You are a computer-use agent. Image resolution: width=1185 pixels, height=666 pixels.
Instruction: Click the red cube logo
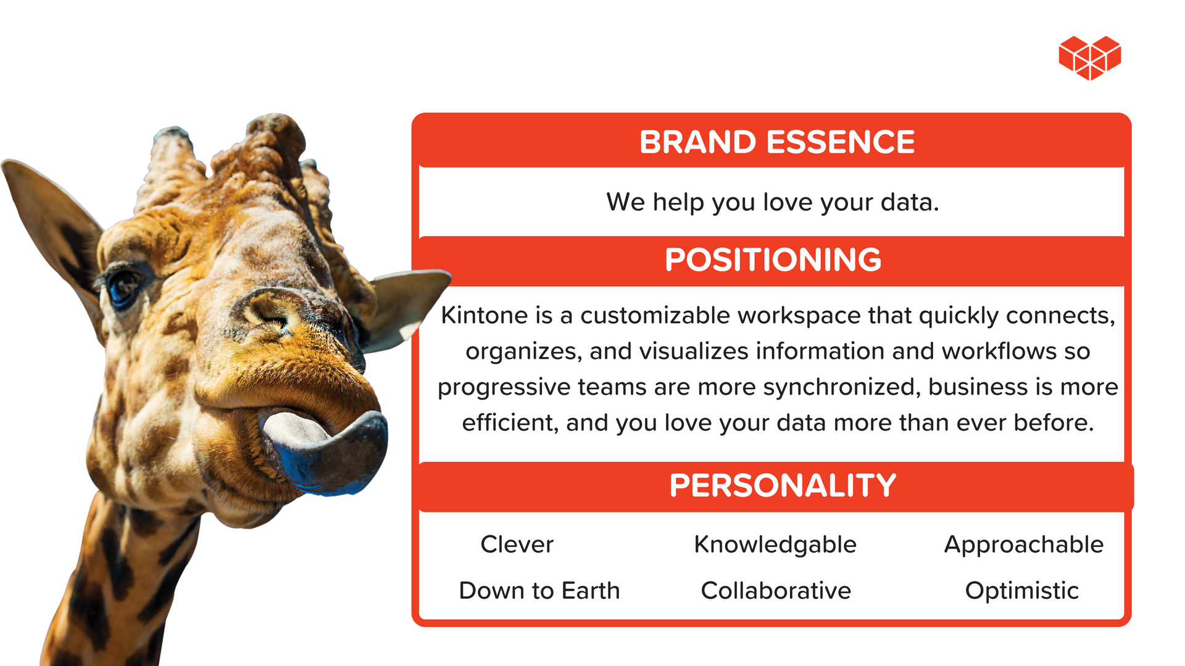[x=1090, y=57]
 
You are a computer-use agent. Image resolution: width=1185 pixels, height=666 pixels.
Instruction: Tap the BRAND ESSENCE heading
[x=777, y=142]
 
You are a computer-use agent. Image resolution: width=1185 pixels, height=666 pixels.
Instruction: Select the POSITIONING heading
[x=773, y=260]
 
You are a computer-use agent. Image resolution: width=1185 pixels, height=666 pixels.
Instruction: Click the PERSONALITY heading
[x=783, y=485]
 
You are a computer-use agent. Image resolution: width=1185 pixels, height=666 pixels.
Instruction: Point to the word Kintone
[x=484, y=315]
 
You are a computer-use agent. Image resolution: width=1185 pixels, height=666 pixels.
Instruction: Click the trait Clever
[x=517, y=545]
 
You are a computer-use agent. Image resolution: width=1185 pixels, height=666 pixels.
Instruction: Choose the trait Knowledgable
[x=775, y=545]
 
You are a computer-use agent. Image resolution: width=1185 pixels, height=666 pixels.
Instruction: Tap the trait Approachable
[x=1024, y=545]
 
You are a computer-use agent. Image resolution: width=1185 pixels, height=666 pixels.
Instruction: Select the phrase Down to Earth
[x=539, y=591]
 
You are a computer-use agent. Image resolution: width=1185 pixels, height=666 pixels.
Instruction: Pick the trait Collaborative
[x=776, y=591]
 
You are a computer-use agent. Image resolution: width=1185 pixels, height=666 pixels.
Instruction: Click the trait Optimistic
[x=1022, y=591]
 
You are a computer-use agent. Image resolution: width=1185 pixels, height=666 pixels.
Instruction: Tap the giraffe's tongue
[x=327, y=451]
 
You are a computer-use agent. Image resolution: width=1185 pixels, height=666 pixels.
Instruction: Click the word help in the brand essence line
[x=678, y=203]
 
